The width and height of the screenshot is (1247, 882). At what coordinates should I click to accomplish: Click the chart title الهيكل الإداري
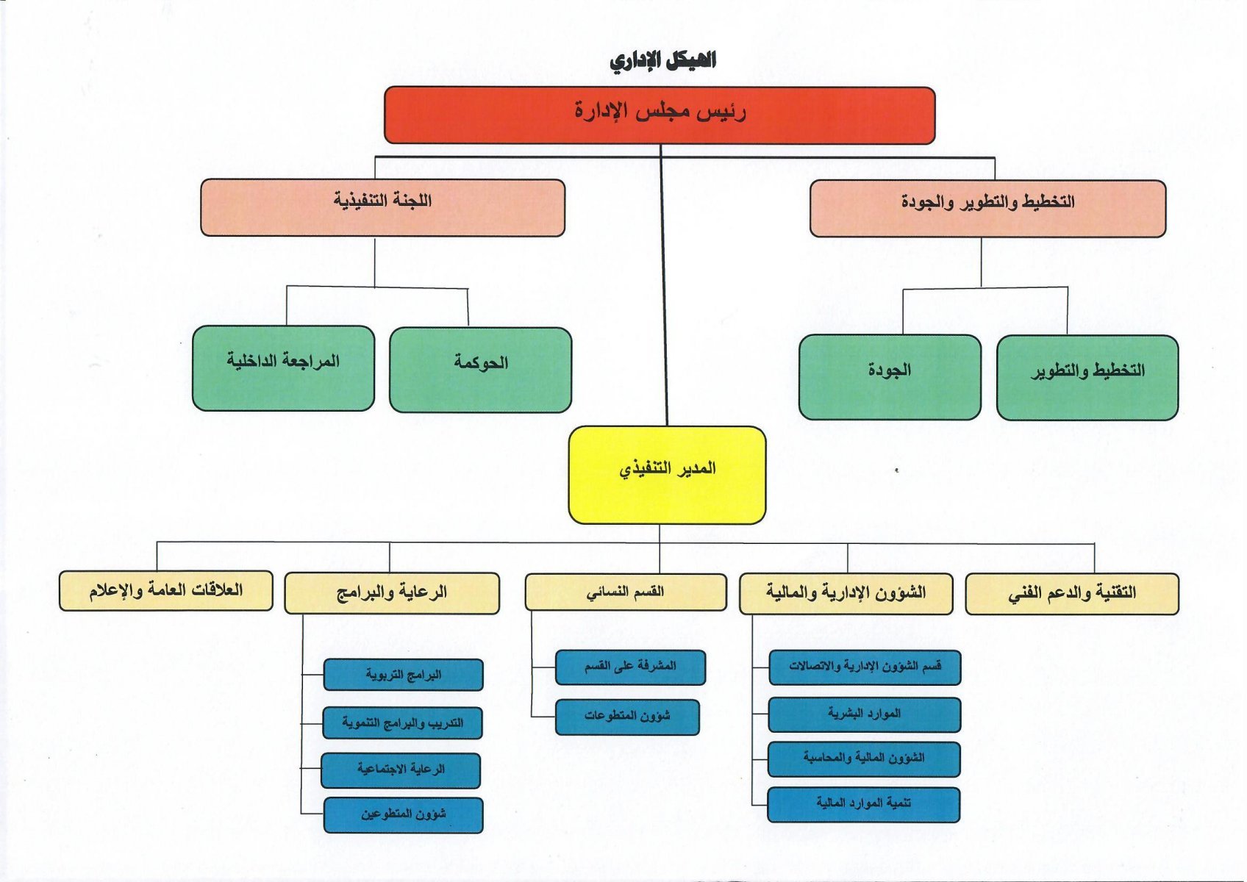(662, 60)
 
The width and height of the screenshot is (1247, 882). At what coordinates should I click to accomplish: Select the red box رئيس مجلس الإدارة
(660, 115)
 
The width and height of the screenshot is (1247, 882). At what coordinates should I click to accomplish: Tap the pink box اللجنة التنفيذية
(382, 207)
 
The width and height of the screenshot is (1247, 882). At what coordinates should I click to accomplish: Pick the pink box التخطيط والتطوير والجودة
(987, 209)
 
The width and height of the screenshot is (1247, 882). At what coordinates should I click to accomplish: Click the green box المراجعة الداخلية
(283, 368)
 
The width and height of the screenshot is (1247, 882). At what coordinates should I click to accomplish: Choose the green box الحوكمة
(480, 370)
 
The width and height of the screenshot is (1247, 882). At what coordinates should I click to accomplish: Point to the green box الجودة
(890, 377)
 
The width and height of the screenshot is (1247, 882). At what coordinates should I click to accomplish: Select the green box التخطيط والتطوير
(1087, 378)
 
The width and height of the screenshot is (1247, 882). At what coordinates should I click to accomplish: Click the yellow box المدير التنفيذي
(667, 476)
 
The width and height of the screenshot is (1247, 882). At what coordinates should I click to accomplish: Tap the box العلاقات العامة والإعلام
(166, 590)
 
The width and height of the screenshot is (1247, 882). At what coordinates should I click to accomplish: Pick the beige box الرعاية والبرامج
(392, 593)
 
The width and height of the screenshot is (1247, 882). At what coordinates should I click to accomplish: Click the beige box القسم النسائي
(626, 592)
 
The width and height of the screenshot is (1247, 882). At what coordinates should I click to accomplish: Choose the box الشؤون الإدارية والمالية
(846, 594)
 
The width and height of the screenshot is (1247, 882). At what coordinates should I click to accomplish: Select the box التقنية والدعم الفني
(1072, 594)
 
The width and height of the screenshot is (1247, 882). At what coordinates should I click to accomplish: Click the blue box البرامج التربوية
(403, 675)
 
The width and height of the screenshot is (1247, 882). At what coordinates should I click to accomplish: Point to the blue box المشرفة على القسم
(630, 667)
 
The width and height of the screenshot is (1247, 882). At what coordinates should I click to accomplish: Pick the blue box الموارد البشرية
(865, 715)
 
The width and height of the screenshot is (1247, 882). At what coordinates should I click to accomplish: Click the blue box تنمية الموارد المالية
(863, 805)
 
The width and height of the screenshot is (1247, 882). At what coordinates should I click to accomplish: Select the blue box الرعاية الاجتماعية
(400, 771)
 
